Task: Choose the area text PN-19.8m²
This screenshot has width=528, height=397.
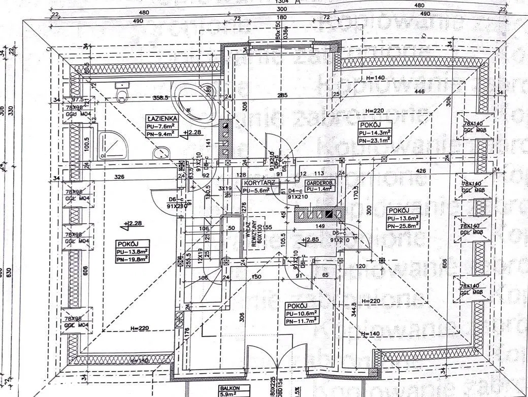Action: pyautogui.click(x=132, y=258)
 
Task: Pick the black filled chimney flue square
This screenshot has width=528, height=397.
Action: pyautogui.click(x=329, y=215)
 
